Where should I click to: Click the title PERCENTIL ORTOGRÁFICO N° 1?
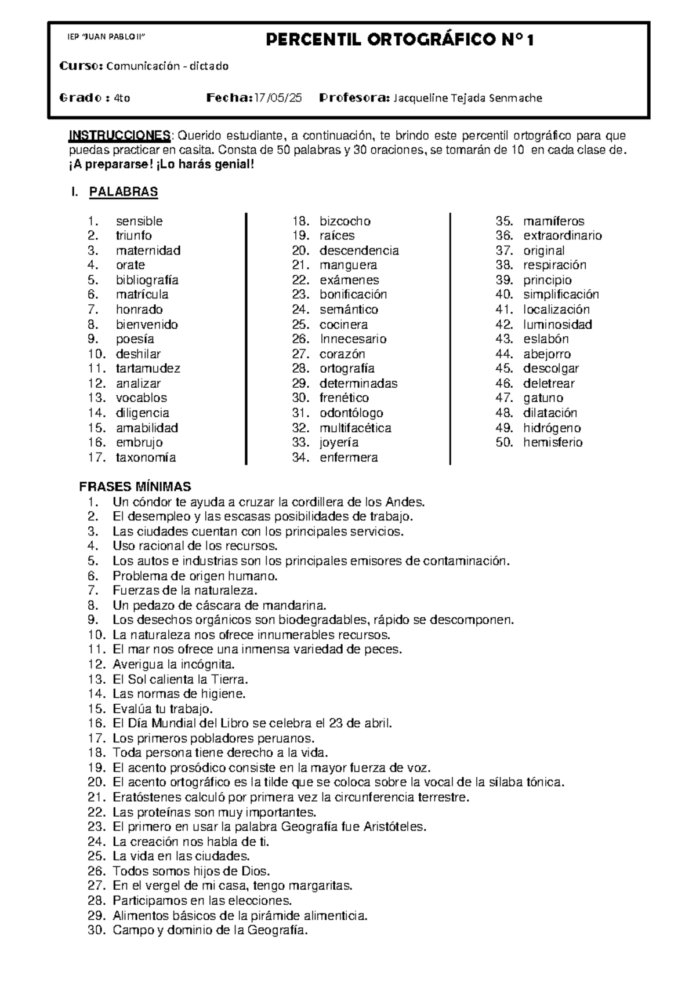click(400, 40)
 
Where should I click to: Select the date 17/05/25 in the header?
click(278, 98)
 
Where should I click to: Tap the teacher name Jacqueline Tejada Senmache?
click(467, 98)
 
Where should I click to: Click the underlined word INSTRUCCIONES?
click(119, 136)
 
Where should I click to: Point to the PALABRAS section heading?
click(123, 192)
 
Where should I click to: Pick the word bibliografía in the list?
click(147, 280)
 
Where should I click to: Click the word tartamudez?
click(148, 369)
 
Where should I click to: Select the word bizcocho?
click(345, 221)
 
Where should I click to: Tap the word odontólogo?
click(351, 413)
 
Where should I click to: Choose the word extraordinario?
click(562, 235)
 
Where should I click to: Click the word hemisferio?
click(552, 442)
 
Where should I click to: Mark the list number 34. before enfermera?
click(300, 457)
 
